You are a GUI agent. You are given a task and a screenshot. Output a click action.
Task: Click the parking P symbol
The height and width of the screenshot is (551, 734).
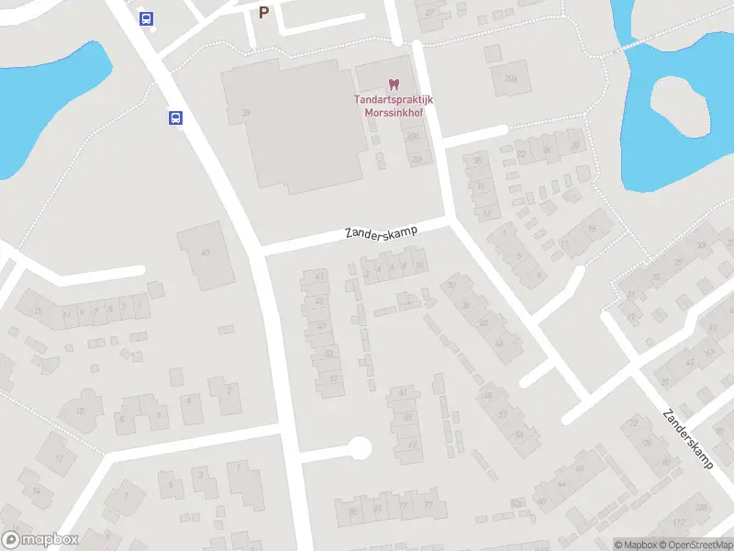pos(264,12)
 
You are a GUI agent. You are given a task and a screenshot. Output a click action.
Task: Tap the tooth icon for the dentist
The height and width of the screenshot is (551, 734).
pos(395,84)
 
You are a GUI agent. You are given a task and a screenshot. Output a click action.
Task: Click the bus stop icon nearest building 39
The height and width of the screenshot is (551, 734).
pos(175,118)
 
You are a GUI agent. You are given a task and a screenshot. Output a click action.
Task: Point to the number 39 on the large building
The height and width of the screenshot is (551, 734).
pos(246,112)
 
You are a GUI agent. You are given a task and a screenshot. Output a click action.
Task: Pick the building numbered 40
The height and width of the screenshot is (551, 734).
pos(206,254)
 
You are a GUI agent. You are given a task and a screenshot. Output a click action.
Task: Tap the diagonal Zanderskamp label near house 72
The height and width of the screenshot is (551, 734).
pos(688,438)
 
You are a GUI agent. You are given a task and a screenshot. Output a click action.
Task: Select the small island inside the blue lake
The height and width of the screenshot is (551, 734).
pos(680,103)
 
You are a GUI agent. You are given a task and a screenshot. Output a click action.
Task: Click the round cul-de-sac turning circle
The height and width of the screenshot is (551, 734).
pos(359,447)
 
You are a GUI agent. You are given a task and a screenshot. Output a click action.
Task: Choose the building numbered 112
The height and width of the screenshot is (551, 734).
pos(679,523)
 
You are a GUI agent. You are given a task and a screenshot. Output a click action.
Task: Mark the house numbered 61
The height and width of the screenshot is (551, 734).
pos(403,393)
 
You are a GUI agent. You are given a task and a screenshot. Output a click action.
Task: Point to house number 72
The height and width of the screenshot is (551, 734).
pos(634,422)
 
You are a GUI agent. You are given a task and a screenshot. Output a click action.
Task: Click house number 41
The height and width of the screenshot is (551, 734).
pos(319,275)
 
